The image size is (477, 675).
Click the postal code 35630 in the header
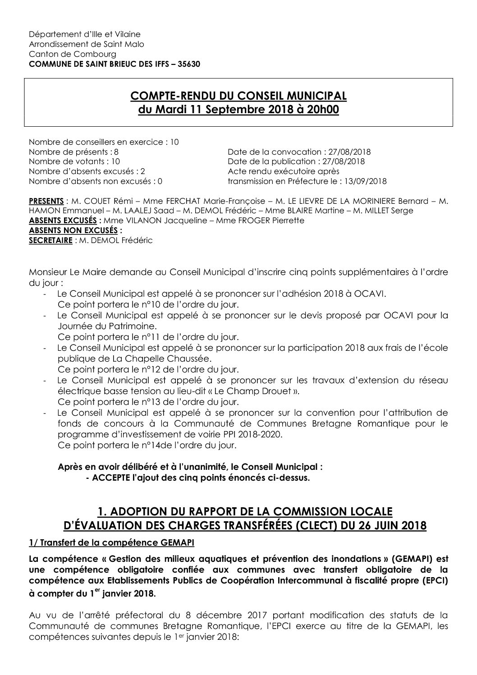[190, 64]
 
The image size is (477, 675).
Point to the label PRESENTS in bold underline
[46, 201]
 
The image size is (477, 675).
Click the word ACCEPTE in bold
[110, 478]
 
